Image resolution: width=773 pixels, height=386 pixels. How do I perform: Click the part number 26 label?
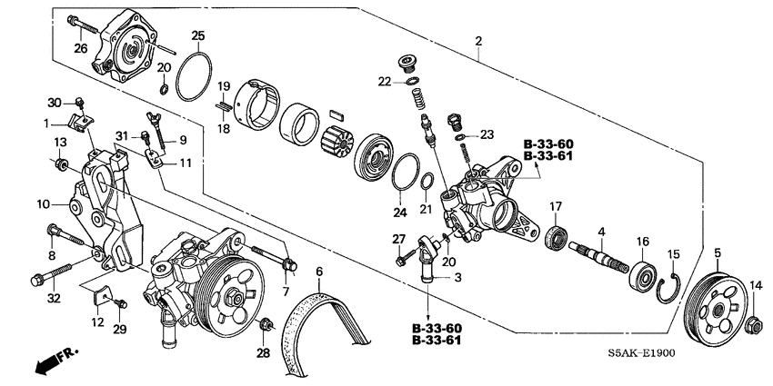[80, 49]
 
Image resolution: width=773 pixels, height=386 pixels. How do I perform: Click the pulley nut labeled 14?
[754, 322]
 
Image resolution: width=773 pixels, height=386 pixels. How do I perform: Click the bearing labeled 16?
[643, 273]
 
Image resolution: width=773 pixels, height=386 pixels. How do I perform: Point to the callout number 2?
[477, 42]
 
